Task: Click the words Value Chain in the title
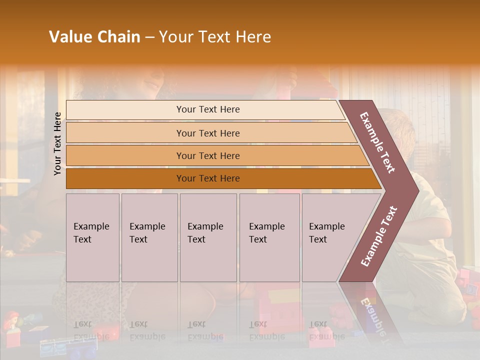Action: tap(94, 37)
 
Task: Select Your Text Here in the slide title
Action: tap(215, 37)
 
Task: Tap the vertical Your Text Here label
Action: tap(58, 143)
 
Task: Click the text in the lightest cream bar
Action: tap(208, 109)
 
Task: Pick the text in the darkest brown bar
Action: tap(208, 178)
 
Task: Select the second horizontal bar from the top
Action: tap(208, 133)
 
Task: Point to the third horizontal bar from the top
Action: tap(208, 155)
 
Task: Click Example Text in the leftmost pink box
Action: tap(91, 232)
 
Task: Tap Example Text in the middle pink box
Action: tap(205, 232)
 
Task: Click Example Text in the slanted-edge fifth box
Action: tap(326, 232)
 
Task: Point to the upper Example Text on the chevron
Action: tap(377, 142)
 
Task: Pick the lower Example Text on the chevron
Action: tap(379, 236)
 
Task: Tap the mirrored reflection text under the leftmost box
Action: tap(91, 330)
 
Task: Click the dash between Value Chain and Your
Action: tap(149, 37)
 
